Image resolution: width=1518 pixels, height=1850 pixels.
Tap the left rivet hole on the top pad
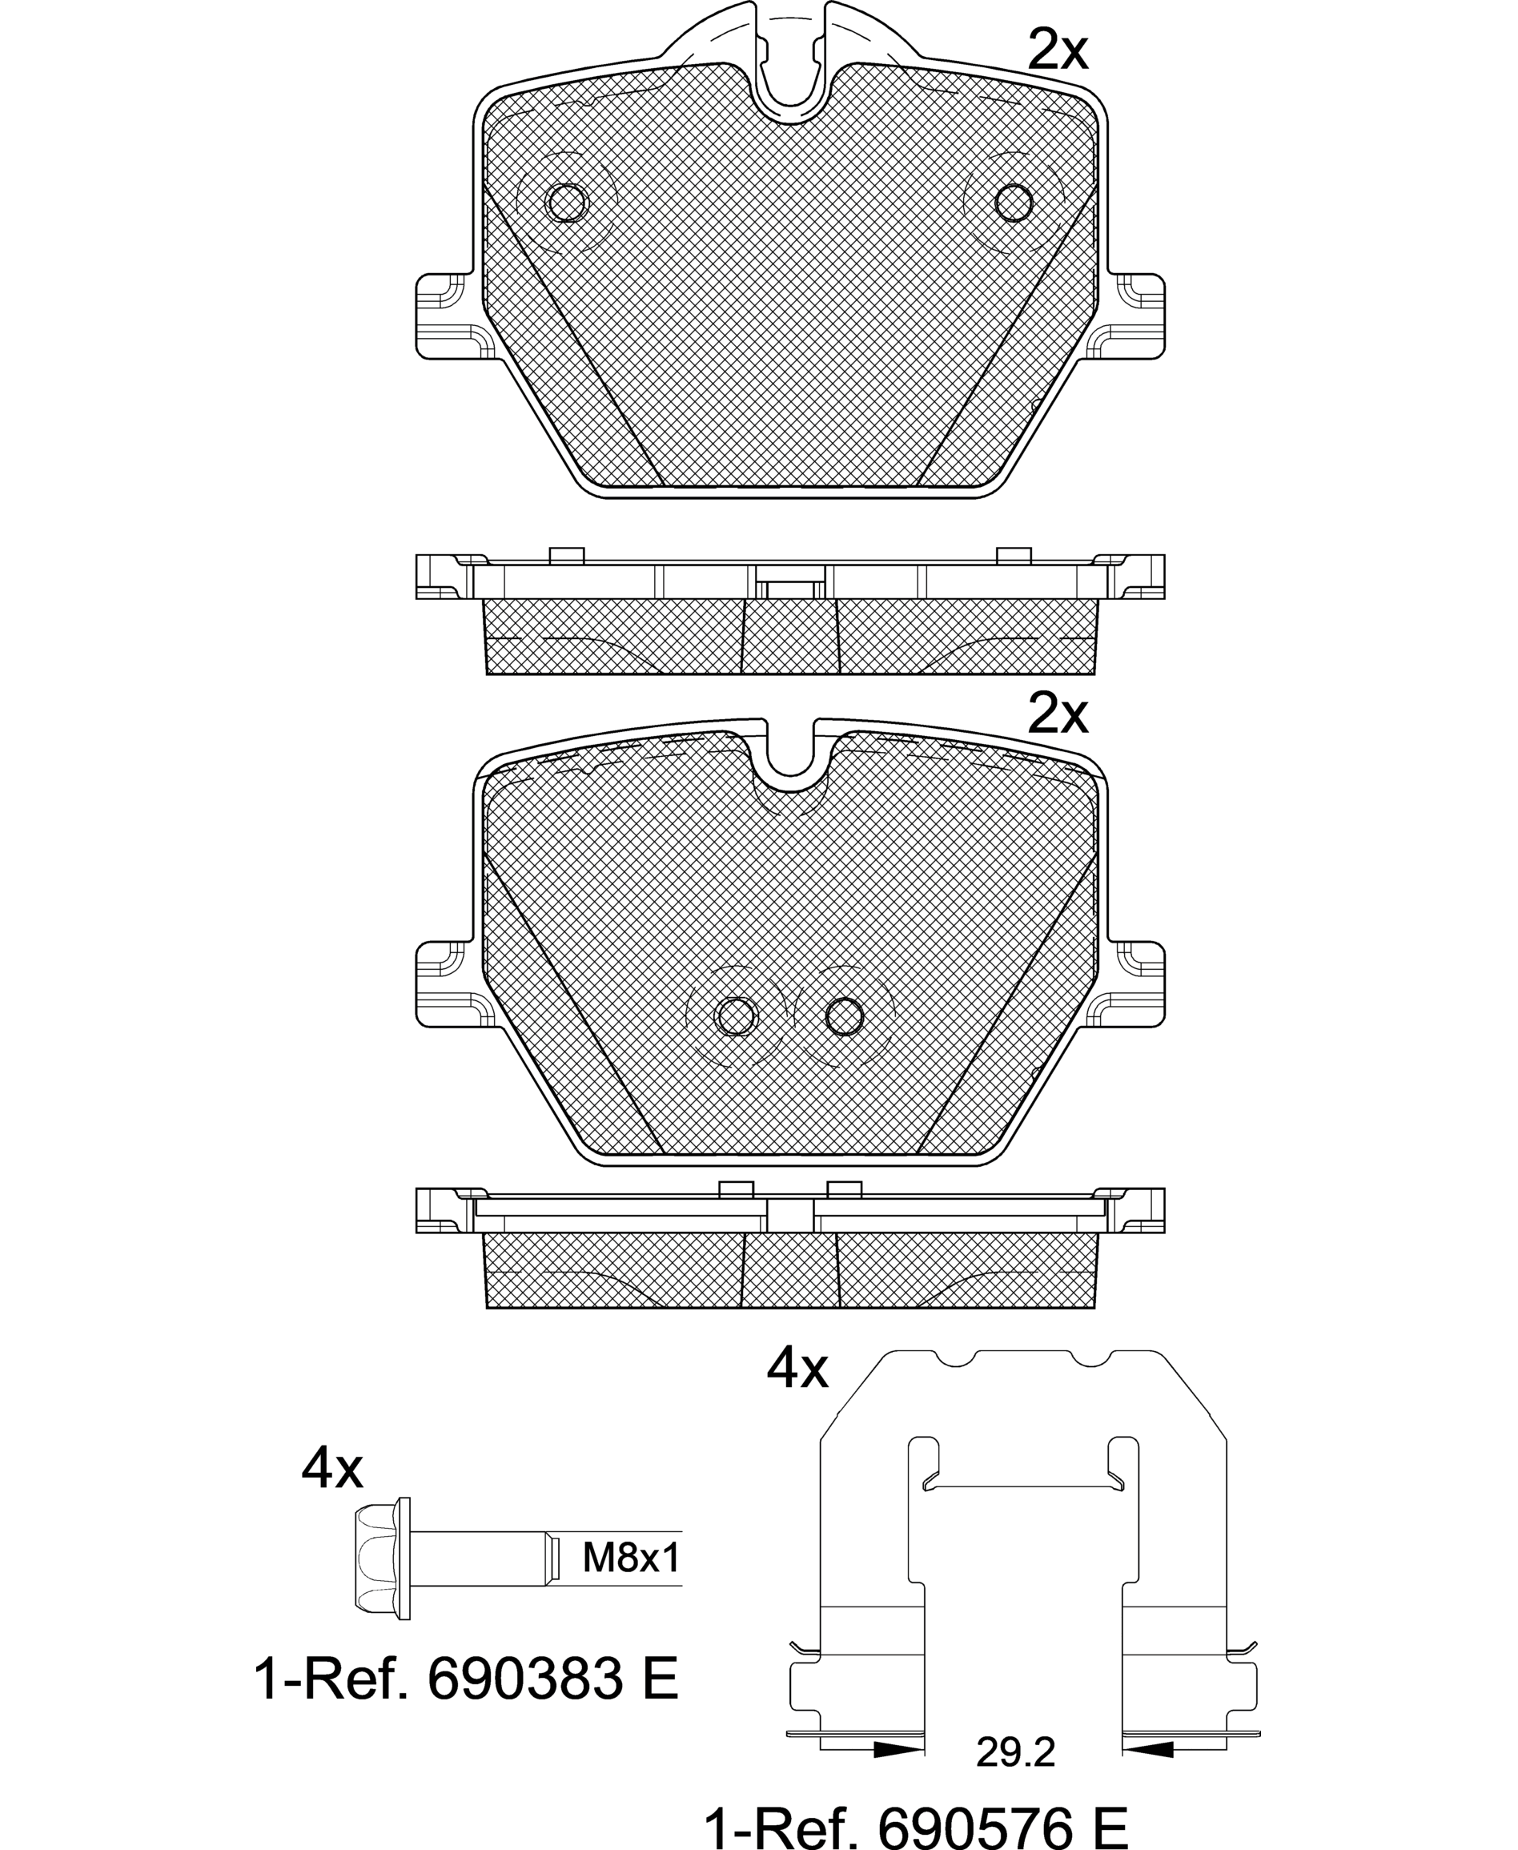click(567, 203)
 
